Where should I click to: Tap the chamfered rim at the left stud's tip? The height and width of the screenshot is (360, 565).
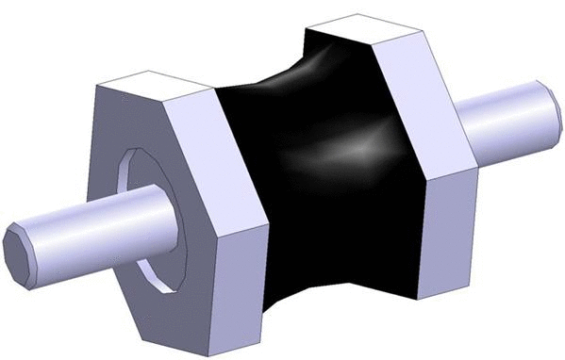[35, 253]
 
